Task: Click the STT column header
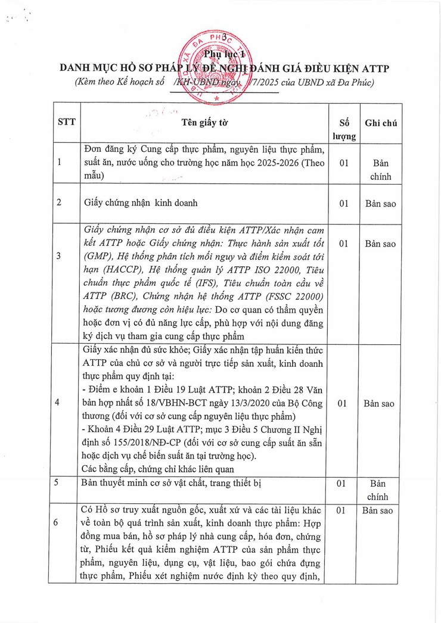[66, 123]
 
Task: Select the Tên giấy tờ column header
[205, 123]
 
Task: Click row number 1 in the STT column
[58, 162]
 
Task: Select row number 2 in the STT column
[58, 203]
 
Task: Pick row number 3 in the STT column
[58, 256]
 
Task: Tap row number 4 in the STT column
[58, 403]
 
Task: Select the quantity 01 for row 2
[344, 203]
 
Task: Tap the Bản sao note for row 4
[380, 403]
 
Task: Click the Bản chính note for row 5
[380, 489]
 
